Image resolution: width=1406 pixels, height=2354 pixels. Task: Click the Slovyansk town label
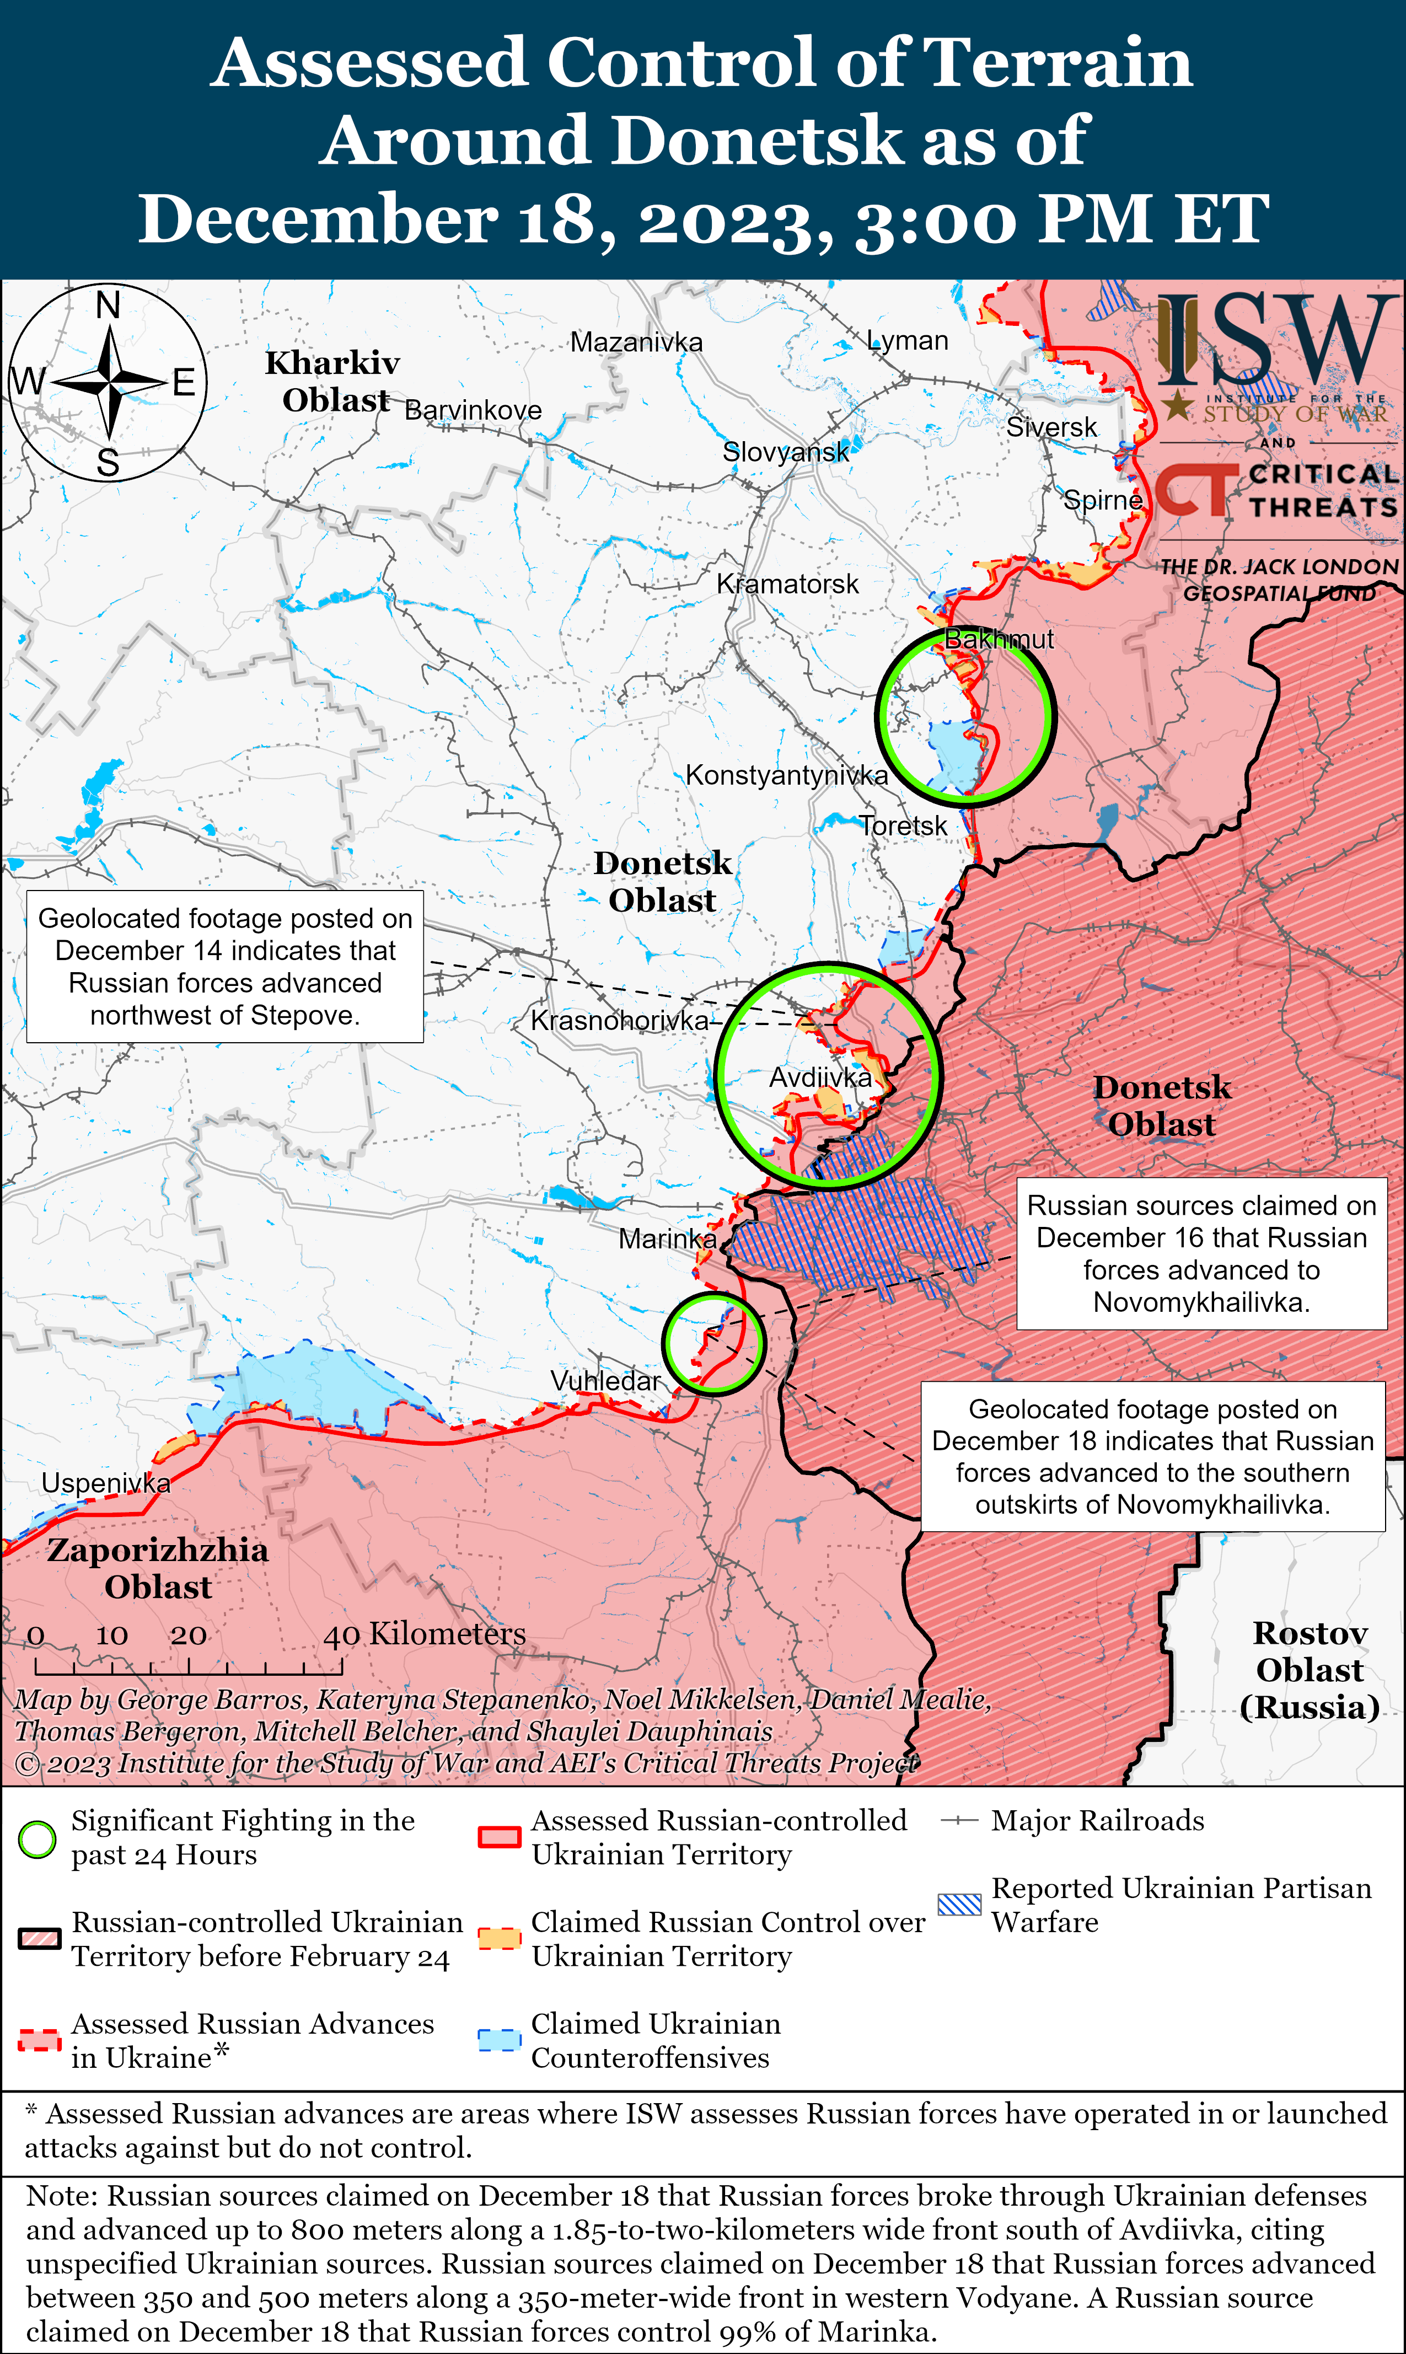pyautogui.click(x=785, y=452)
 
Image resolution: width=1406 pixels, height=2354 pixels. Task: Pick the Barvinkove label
pyautogui.click(x=473, y=410)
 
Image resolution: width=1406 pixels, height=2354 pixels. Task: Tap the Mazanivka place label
pyautogui.click(x=636, y=342)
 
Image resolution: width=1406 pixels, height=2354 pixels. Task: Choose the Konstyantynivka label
pyautogui.click(x=786, y=775)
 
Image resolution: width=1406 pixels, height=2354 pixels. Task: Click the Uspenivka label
pyautogui.click(x=105, y=1483)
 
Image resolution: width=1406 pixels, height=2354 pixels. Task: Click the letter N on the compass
pyautogui.click(x=108, y=306)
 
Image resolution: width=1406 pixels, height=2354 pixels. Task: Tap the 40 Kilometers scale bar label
pyautogui.click(x=425, y=1634)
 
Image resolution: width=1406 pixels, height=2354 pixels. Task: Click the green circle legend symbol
pyautogui.click(x=38, y=1838)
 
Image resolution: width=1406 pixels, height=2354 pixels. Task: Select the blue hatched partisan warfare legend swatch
pyautogui.click(x=959, y=1905)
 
